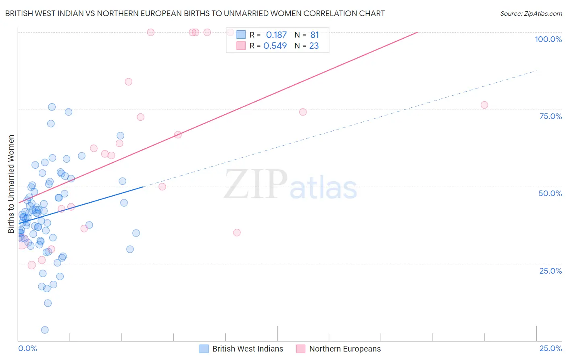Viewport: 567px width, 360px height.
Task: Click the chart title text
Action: (x=195, y=13)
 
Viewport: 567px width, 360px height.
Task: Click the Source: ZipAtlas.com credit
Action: (x=531, y=13)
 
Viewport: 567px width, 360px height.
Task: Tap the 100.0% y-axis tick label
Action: (x=548, y=39)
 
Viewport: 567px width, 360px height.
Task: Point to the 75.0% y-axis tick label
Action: (x=550, y=116)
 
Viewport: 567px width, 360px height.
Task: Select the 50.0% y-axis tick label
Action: (x=550, y=193)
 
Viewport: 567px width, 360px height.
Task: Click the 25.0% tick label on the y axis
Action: (x=550, y=270)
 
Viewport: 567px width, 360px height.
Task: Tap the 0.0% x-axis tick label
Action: (x=27, y=348)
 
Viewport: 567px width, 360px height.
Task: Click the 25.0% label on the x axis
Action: (x=550, y=348)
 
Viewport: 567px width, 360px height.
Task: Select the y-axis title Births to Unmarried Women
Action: (x=11, y=184)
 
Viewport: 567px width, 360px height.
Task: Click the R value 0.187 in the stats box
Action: (x=276, y=35)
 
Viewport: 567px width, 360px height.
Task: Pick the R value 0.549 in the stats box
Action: (x=275, y=46)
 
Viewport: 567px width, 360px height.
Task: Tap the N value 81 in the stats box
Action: (x=315, y=35)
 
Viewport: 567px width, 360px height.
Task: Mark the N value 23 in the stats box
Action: (x=314, y=46)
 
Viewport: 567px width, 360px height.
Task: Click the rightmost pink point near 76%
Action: (x=484, y=105)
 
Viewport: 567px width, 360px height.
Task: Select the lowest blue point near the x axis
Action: (x=45, y=330)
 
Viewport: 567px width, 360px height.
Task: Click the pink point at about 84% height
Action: (x=128, y=82)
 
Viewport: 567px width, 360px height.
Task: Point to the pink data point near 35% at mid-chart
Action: (x=237, y=232)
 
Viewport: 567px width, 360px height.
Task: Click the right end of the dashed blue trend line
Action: (x=536, y=71)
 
